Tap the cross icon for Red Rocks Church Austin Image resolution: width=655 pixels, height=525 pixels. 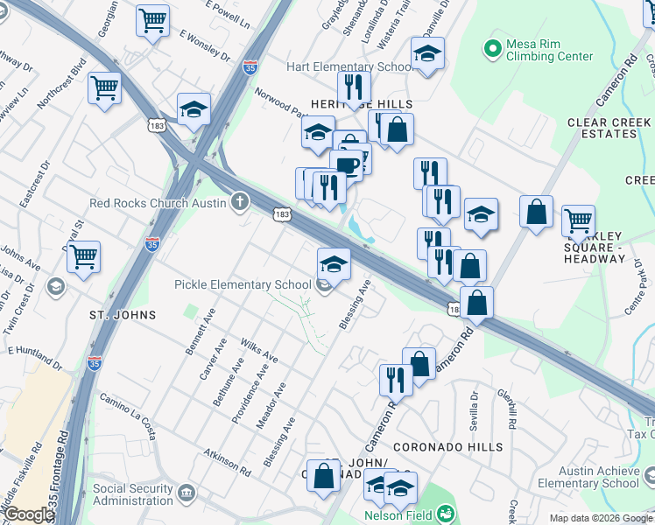tap(241, 203)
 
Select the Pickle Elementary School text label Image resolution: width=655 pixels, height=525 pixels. tap(243, 284)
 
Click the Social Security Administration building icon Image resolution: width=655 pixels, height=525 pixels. tap(187, 494)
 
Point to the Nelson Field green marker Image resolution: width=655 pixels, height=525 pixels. tap(446, 514)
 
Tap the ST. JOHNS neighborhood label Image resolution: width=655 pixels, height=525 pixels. tap(123, 315)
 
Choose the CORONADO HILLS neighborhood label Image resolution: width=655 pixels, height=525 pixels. tap(447, 447)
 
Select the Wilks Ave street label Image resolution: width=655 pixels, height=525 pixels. tap(259, 352)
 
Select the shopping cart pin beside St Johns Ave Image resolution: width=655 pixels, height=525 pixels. tap(83, 257)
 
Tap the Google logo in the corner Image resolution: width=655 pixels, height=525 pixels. tap(29, 514)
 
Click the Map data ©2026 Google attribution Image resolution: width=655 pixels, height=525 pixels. tap(601, 518)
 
